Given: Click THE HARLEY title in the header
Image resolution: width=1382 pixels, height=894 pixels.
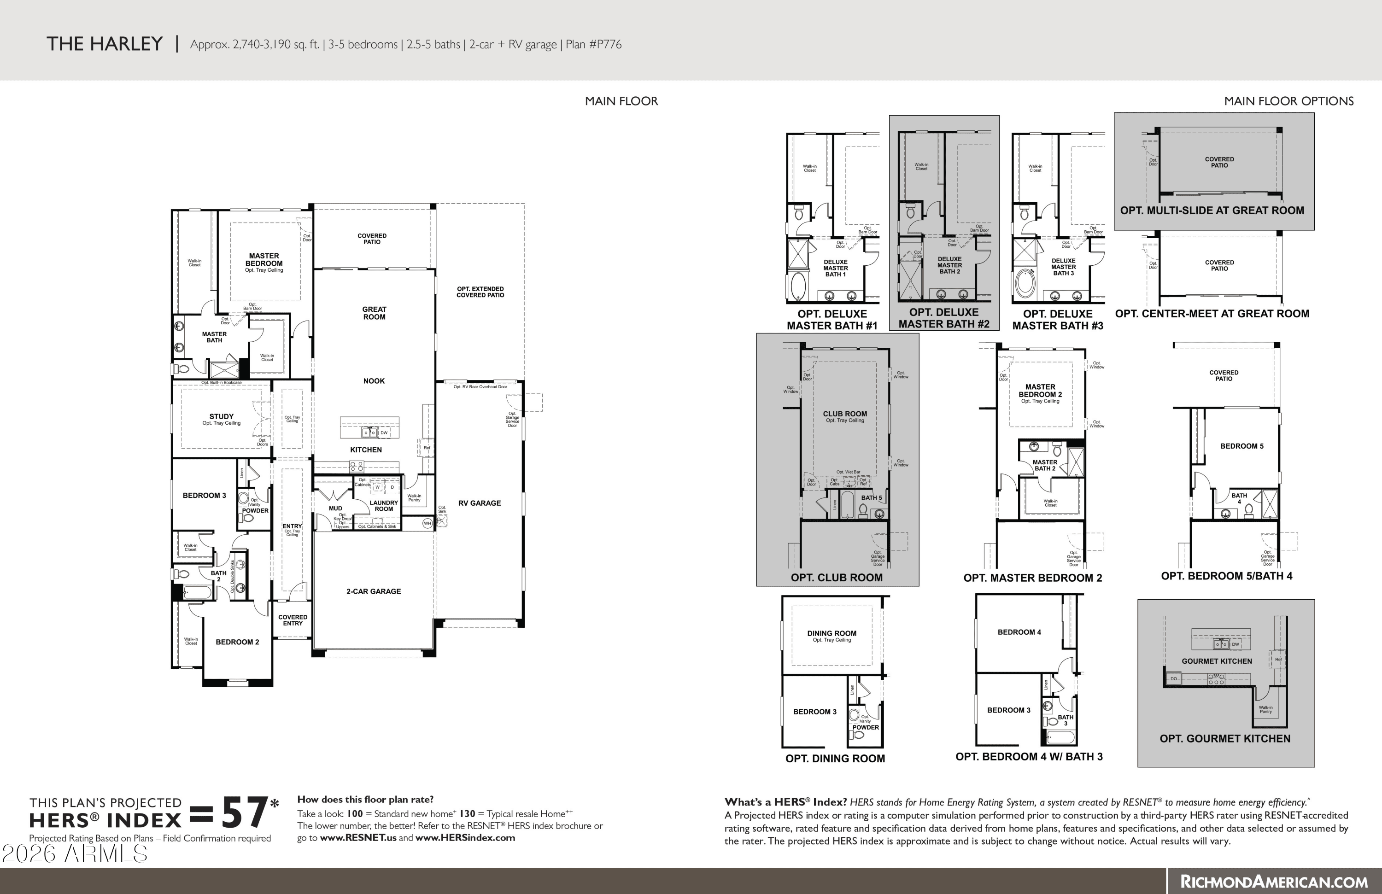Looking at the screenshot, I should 105,44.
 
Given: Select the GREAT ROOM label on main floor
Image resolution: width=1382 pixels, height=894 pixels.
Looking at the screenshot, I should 374,313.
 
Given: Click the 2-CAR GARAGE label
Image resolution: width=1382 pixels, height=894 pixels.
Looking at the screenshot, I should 374,591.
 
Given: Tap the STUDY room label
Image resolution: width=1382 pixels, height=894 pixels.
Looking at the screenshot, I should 221,416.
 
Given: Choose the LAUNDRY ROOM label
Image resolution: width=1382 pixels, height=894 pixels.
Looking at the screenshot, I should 384,506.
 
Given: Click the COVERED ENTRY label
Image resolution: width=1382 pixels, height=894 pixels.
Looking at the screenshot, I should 293,620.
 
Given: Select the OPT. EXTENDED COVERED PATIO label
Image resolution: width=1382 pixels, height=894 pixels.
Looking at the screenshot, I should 480,292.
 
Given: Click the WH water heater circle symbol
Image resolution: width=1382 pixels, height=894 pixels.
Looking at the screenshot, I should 427,524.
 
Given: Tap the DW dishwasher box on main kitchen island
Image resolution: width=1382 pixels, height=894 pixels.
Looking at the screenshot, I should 384,432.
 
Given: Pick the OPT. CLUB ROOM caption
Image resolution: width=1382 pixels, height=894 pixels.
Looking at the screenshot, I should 836,578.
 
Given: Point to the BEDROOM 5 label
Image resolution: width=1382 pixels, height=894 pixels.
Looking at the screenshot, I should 1241,446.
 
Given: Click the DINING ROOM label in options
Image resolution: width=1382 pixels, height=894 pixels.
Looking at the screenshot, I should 832,633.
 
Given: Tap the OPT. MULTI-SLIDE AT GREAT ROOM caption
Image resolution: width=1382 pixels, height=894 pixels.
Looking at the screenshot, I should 1212,210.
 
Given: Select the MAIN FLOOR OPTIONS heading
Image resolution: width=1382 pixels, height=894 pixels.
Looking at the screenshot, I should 1288,101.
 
